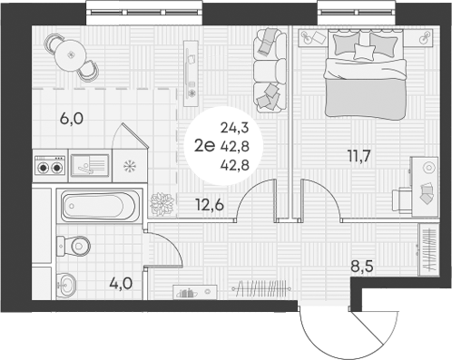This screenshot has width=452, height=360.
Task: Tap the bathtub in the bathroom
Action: pos(101,206)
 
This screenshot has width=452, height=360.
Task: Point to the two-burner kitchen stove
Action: pos(49,166)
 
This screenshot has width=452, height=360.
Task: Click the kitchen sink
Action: pos(90,165)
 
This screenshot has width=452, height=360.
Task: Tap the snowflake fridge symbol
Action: pos(128,166)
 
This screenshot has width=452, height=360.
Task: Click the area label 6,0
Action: pos(72,118)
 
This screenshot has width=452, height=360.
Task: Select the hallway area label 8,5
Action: pos(363,268)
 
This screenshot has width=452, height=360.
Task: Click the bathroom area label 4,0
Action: pos(121,283)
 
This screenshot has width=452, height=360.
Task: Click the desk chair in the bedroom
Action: pos(404,198)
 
